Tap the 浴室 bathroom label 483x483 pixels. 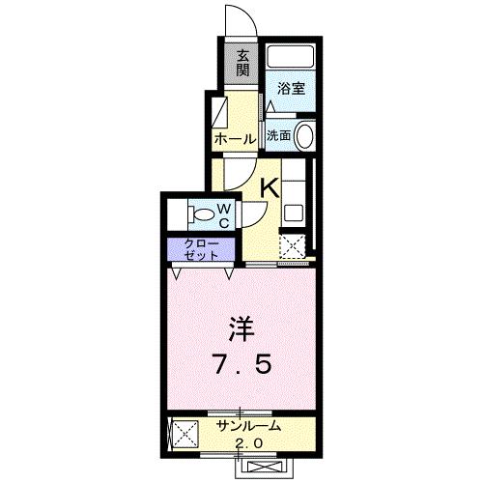pyautogui.click(x=292, y=88)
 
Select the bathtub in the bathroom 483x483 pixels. pyautogui.click(x=292, y=61)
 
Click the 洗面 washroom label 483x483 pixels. pyautogui.click(x=279, y=136)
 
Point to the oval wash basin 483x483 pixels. pyautogui.click(x=305, y=136)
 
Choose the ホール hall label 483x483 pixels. pyautogui.click(x=235, y=139)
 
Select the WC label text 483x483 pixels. pyautogui.click(x=223, y=214)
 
